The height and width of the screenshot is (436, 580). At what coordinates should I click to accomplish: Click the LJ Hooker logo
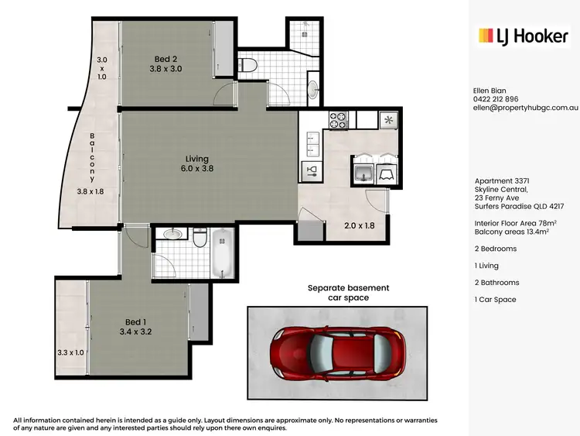(524, 36)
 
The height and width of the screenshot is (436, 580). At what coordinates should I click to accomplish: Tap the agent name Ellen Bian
(489, 91)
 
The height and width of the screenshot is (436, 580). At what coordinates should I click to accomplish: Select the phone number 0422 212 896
(496, 99)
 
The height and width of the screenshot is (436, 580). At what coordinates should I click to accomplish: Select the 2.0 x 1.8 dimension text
(360, 226)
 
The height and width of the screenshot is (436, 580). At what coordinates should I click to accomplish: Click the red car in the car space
(336, 352)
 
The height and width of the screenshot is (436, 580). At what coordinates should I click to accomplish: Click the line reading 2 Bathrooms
(496, 283)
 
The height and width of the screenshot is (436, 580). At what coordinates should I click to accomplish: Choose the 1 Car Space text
(495, 300)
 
